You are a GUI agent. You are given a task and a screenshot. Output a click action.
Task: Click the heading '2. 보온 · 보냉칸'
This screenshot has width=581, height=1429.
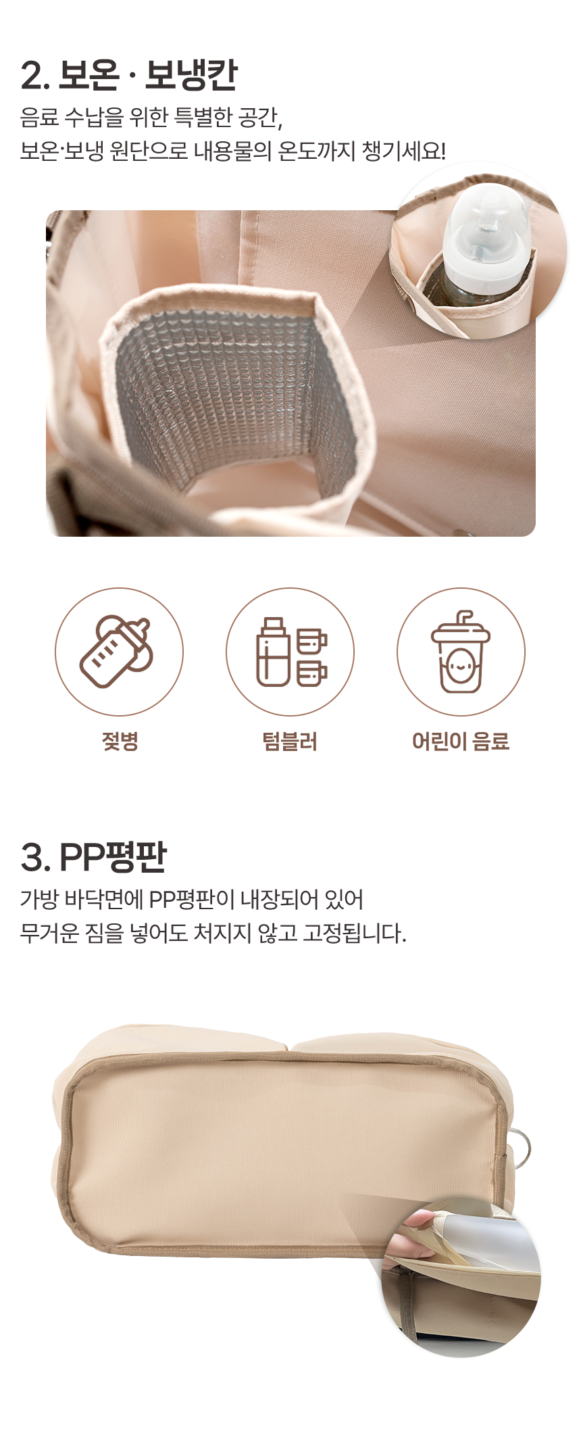(129, 75)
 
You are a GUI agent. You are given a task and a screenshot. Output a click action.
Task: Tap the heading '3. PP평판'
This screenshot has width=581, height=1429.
(93, 857)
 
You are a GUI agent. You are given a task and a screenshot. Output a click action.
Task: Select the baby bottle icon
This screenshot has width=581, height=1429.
(117, 652)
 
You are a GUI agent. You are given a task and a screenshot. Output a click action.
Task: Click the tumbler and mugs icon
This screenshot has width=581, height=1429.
(291, 652)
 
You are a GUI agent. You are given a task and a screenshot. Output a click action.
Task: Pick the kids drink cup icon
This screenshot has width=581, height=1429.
(461, 652)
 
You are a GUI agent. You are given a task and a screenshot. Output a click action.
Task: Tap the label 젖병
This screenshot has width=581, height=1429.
(120, 742)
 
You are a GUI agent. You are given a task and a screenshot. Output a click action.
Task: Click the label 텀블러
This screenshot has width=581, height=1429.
(290, 742)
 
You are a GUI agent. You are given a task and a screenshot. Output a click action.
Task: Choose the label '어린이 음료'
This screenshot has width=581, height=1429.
(461, 742)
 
